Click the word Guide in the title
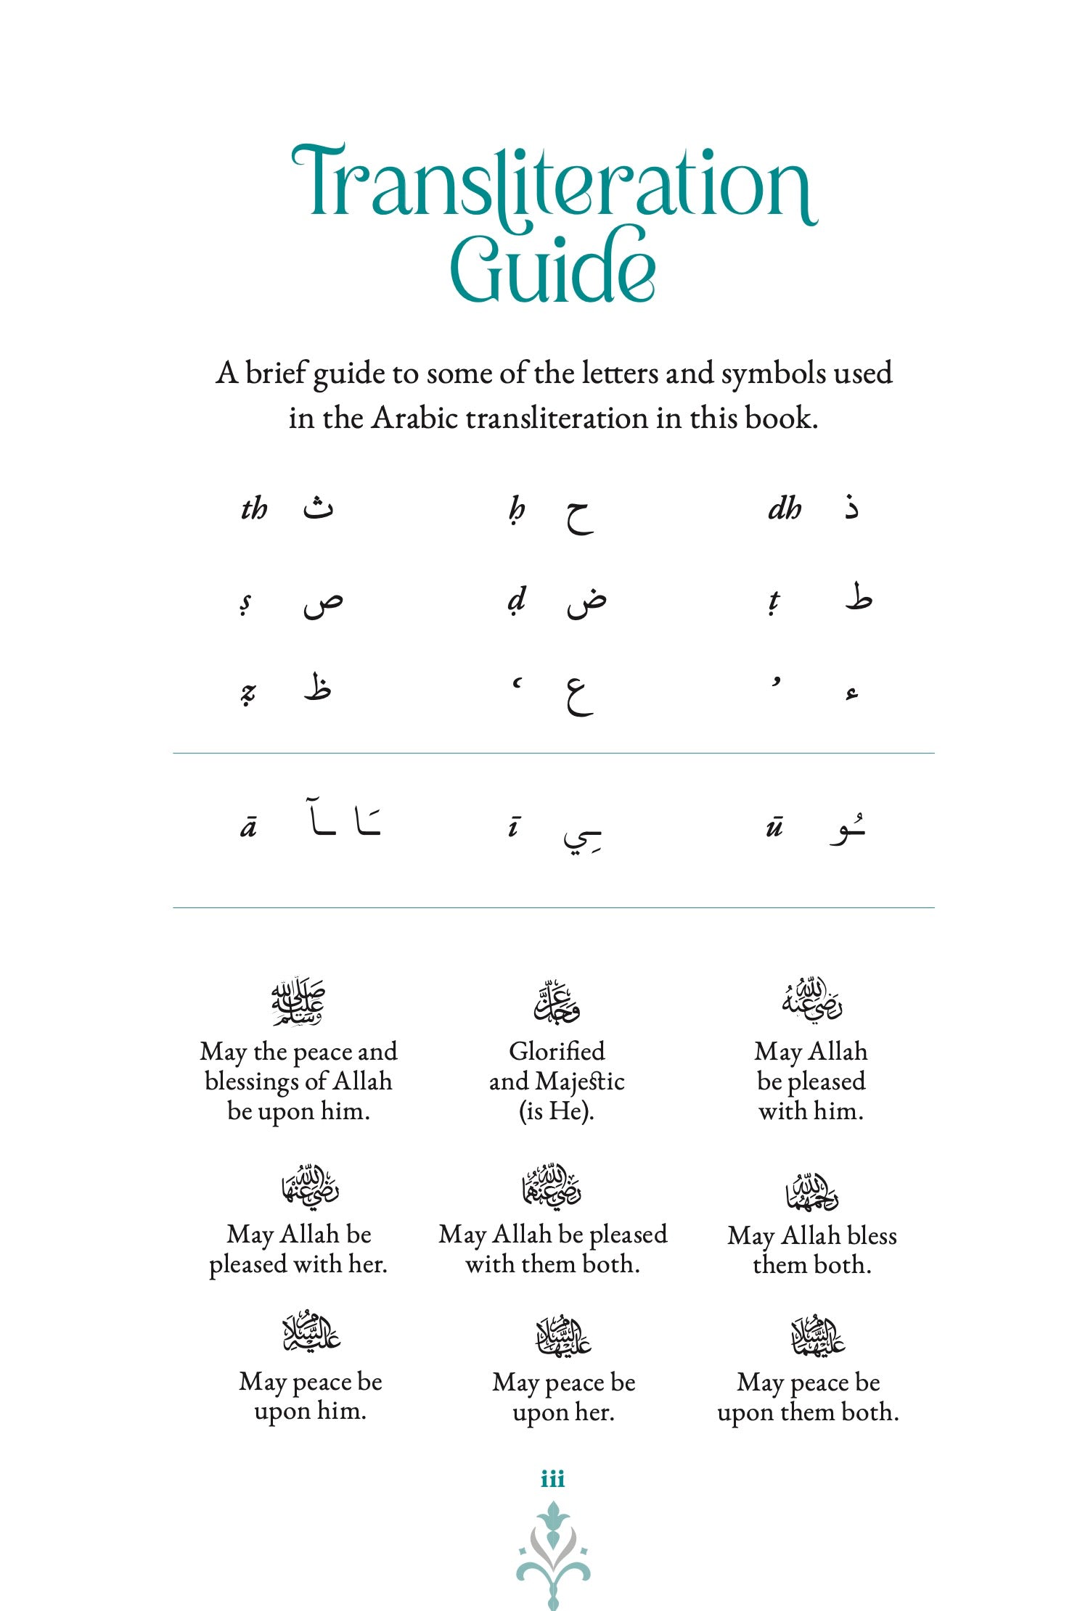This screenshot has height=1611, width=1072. pyautogui.click(x=553, y=265)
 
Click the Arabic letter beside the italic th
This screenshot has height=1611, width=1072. pyautogui.click(x=318, y=507)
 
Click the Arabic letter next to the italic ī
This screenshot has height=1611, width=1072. pyautogui.click(x=582, y=836)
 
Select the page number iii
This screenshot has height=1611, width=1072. pyautogui.click(x=552, y=1479)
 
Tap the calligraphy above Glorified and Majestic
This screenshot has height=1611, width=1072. pyautogui.click(x=557, y=1001)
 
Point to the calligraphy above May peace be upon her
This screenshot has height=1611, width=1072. pyautogui.click(x=563, y=1335)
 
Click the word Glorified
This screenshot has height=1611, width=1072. pyautogui.click(x=557, y=1051)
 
